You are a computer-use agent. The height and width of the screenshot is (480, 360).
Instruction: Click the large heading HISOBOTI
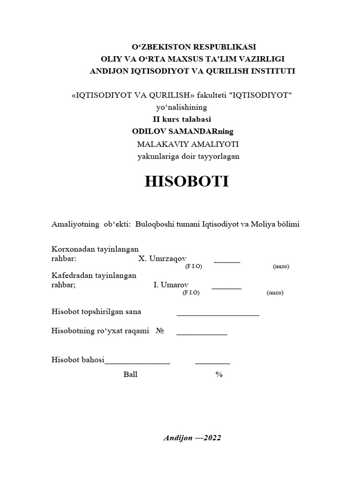pos(187,182)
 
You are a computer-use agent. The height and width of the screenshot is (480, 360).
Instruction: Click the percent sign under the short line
pos(219,375)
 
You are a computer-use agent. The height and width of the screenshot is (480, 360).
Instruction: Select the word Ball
pos(130,375)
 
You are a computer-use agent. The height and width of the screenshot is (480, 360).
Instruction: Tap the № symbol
pos(160,331)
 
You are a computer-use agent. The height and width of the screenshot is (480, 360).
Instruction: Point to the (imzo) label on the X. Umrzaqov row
pos(281,266)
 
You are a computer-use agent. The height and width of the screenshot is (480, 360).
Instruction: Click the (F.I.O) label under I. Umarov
pos(191,292)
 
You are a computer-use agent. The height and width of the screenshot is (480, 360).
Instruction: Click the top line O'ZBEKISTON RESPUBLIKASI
pos(193,47)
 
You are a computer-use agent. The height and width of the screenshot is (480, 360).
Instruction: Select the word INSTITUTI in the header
pos(272,71)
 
